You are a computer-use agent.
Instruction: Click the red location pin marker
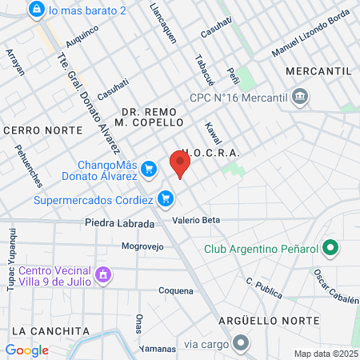pyautogui.click(x=180, y=164)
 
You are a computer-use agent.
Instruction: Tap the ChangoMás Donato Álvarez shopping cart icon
pyautogui.click(x=148, y=169)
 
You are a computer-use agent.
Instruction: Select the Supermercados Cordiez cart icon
pyautogui.click(x=166, y=198)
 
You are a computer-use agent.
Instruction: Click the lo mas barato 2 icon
pyautogui.click(x=35, y=10)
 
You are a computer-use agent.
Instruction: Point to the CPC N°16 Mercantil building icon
pyautogui.click(x=299, y=98)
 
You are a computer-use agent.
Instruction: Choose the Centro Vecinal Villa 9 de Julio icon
pyautogui.click(x=102, y=276)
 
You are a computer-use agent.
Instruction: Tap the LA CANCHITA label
pyautogui.click(x=50, y=330)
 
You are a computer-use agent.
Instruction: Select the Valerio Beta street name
pyautogui.click(x=195, y=220)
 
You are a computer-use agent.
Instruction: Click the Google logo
pyautogui.click(x=26, y=350)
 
